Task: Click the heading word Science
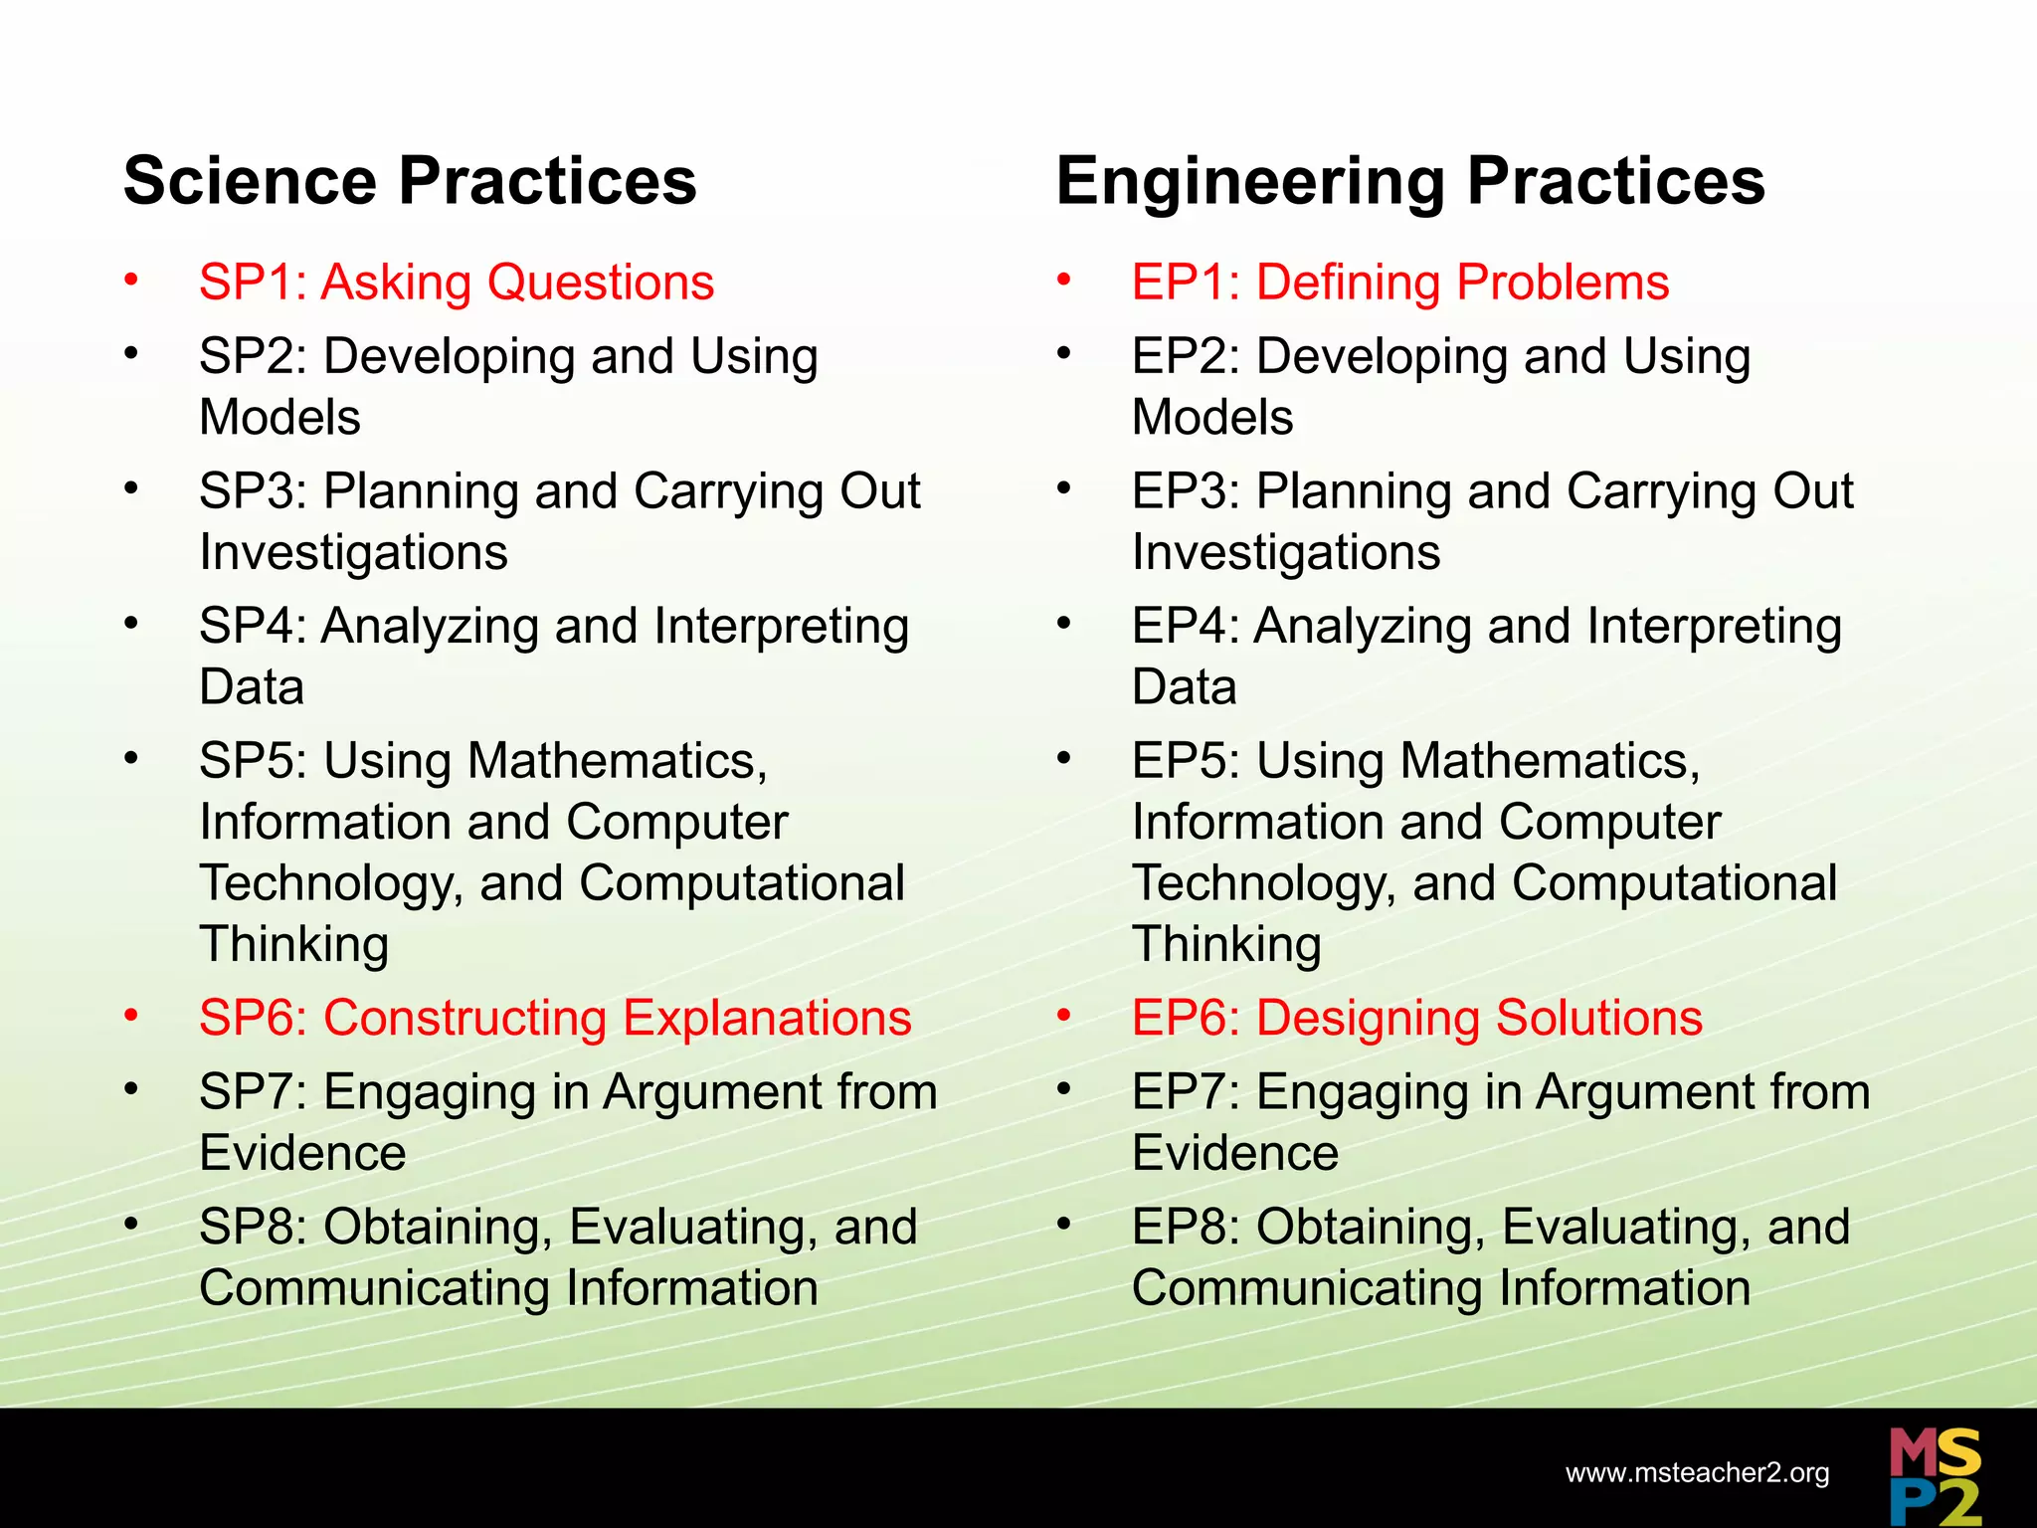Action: [x=250, y=181]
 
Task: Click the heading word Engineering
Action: [x=1250, y=181]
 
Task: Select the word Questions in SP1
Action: [x=601, y=283]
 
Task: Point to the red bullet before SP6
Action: [x=131, y=1016]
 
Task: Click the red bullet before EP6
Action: [x=1064, y=1016]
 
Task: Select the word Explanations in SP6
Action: [x=767, y=1019]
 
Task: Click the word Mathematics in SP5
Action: [x=617, y=761]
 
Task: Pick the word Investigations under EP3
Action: [x=1286, y=553]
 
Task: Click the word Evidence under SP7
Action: [x=302, y=1154]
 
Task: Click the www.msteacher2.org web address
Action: [x=1697, y=1473]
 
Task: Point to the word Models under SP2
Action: [x=279, y=418]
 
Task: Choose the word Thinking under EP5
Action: [x=1226, y=945]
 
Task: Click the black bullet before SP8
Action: [x=131, y=1225]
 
